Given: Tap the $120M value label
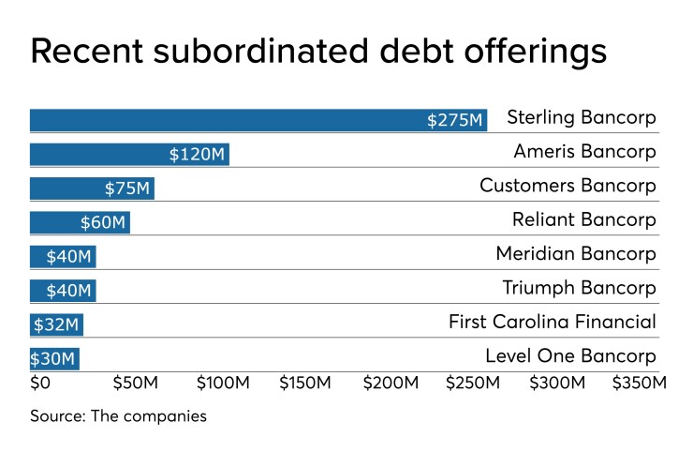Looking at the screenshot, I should [x=197, y=155].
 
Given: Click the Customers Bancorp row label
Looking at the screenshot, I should [x=568, y=186].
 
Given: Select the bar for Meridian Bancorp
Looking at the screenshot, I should [x=62, y=255].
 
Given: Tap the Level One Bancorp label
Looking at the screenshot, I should [x=570, y=356].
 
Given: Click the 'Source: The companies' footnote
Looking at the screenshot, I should [x=118, y=415].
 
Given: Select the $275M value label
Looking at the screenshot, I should [x=455, y=121].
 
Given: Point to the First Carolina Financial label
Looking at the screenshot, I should [x=553, y=323].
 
